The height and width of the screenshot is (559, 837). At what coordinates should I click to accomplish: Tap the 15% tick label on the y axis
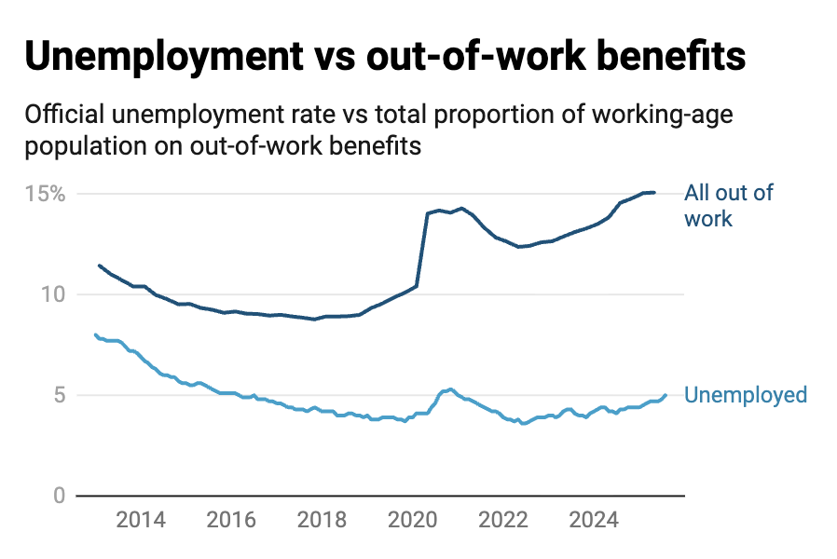pos(45,195)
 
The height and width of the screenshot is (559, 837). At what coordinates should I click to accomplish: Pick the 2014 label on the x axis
pos(141,520)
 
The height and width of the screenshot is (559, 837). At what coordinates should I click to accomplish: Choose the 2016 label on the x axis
pos(231,520)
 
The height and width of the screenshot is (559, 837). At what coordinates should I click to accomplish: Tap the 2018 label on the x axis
pos(322,520)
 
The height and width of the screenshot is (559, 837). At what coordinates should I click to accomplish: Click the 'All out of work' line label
pos(728,206)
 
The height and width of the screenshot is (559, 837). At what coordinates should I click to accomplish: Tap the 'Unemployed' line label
pos(745,395)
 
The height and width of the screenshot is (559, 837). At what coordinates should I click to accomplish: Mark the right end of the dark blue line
pos(654,193)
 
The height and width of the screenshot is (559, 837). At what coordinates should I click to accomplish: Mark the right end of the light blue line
pos(665,395)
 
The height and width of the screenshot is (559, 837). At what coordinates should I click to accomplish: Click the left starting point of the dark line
pos(100,266)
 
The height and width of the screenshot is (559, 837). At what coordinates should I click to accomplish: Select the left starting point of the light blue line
pos(95,334)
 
